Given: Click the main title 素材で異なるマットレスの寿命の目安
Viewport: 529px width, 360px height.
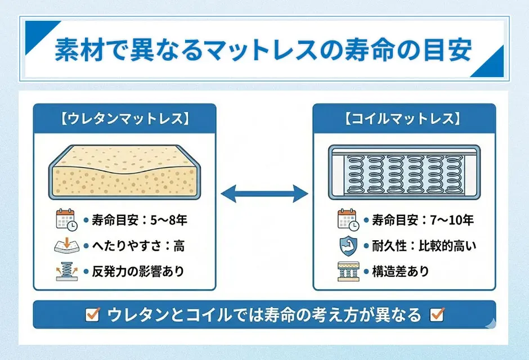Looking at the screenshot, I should pos(263,50).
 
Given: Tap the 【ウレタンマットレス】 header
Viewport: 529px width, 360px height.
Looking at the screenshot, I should pos(124,119).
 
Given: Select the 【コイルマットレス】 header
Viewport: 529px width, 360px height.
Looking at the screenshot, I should pos(404,119).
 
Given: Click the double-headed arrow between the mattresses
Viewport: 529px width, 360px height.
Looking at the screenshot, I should pos(264,195).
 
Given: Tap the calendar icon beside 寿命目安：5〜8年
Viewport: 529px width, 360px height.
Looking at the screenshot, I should pos(66,219).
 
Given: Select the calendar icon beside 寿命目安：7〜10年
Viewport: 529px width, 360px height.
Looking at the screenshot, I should pos(347,219).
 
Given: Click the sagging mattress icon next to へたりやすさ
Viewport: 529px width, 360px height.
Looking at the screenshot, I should pos(66,245).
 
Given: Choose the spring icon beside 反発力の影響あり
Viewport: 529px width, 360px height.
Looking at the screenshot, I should pos(66,271).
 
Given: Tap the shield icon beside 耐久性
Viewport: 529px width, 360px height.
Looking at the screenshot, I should pos(347,245).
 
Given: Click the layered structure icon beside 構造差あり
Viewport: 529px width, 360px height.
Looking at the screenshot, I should pos(347,271).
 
